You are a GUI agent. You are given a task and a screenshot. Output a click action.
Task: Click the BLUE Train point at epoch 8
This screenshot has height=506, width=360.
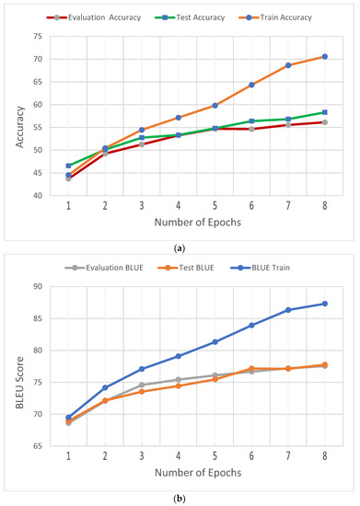click(x=325, y=304)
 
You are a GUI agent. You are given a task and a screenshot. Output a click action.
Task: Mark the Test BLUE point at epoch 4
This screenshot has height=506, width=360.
click(x=178, y=385)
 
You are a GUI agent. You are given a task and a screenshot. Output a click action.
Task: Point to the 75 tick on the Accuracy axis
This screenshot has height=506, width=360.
click(x=37, y=36)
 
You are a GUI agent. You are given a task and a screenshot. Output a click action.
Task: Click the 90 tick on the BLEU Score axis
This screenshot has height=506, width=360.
click(x=37, y=286)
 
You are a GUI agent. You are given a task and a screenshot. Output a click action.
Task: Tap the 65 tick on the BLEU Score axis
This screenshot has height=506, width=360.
click(x=37, y=446)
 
